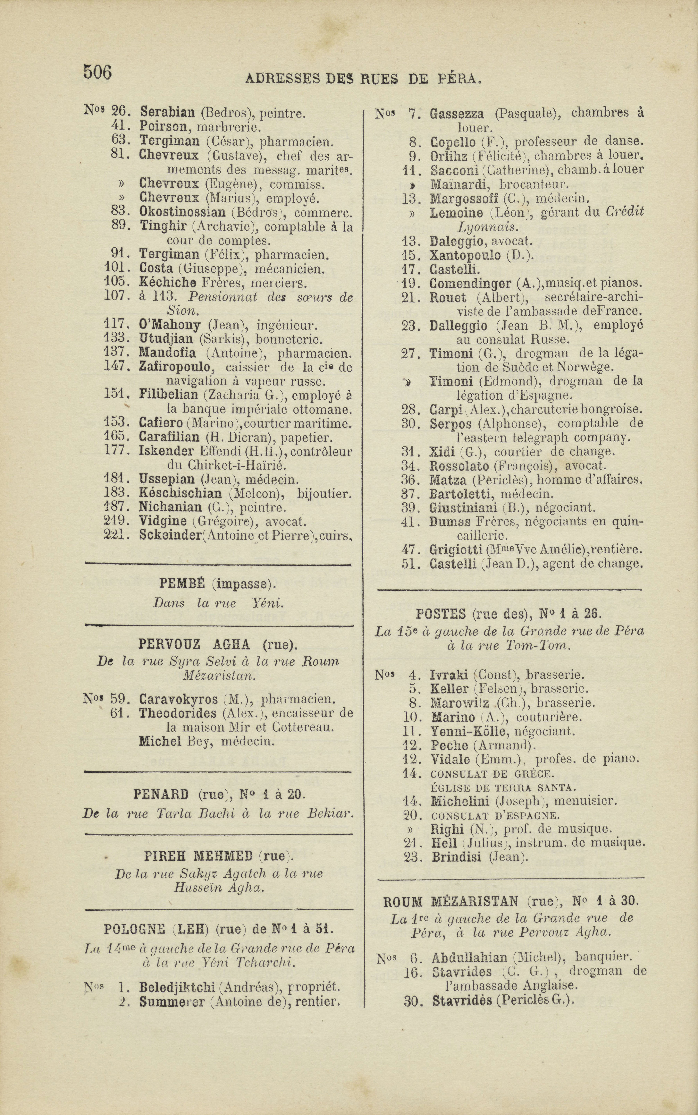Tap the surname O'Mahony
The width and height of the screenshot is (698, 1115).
(169, 326)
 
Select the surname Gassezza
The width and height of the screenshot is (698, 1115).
(457, 113)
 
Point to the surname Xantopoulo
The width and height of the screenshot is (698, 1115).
(465, 255)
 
